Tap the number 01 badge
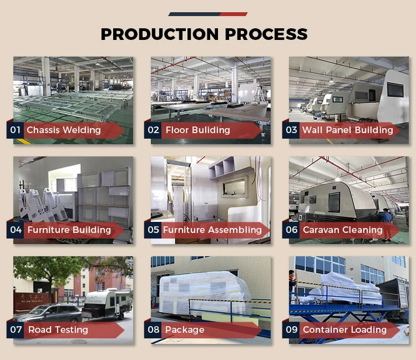pos(15,130)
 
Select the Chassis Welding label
pos(64,130)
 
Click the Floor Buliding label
pos(197,130)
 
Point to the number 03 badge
pos(291,130)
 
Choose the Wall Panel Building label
pos(347,130)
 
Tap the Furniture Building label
pos(69,230)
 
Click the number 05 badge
pos(153,230)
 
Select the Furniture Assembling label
pos(212,230)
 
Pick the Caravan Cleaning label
pos(342,230)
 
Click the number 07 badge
pos(16,329)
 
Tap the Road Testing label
pos(58,329)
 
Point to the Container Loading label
pos(344,329)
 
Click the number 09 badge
pos(291,329)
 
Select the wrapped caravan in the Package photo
pos(202,294)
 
